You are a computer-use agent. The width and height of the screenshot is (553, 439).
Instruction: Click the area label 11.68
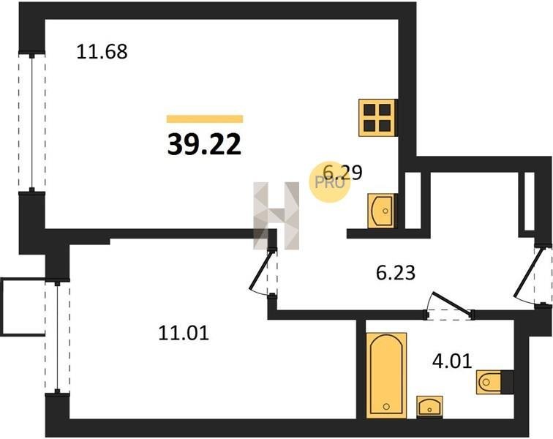pyautogui.click(x=102, y=51)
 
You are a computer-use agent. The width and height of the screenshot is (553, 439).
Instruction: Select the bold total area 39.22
pyautogui.click(x=204, y=145)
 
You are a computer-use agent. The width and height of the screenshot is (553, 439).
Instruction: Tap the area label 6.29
pyautogui.click(x=342, y=173)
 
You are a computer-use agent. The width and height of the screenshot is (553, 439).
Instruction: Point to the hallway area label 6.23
pyautogui.click(x=396, y=273)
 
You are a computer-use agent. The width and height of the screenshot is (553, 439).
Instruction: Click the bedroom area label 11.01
pyautogui.click(x=184, y=333)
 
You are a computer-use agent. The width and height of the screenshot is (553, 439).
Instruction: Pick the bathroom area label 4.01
pyautogui.click(x=452, y=361)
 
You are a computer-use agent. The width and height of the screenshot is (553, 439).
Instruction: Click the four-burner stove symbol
pyautogui.click(x=377, y=118)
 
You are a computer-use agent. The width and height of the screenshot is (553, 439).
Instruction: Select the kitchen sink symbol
pyautogui.click(x=381, y=211)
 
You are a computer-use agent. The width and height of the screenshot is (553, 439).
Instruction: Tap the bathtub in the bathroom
pyautogui.click(x=386, y=375)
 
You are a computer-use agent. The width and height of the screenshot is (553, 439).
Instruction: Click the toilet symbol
pyautogui.click(x=494, y=382)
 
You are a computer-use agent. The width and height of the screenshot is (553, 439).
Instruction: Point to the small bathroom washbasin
pyautogui.click(x=429, y=407)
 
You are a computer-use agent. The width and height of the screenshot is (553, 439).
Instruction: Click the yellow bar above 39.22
pyautogui.click(x=205, y=119)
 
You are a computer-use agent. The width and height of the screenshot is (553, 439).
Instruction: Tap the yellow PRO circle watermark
pyautogui.click(x=330, y=181)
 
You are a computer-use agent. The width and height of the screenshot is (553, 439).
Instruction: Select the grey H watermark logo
pyautogui.click(x=276, y=216)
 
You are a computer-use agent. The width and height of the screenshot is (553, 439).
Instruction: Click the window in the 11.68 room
pyautogui.click(x=31, y=122)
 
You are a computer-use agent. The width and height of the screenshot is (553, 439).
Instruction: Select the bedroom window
pyautogui.click(x=57, y=337)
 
